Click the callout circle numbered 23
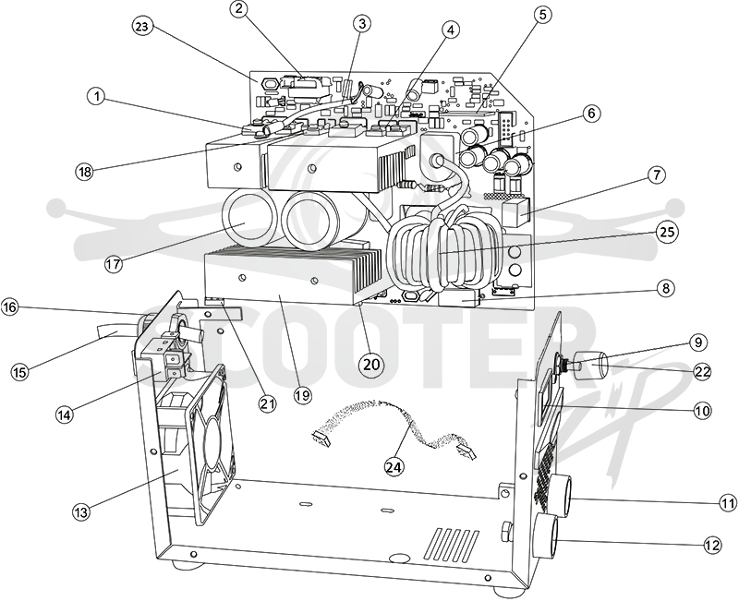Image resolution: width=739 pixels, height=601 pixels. point(142,27)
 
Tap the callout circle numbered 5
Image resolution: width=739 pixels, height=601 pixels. point(542,14)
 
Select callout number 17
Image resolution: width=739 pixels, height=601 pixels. point(113,263)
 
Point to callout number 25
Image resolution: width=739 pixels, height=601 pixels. point(667,232)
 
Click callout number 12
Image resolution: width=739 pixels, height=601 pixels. point(712,545)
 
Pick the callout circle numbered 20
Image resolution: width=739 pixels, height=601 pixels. point(370,364)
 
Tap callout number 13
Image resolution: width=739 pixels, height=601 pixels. point(81,512)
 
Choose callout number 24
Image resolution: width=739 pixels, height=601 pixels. point(394,466)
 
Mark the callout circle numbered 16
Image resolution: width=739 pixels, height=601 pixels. point(10,307)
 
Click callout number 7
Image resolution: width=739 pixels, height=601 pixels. point(657,174)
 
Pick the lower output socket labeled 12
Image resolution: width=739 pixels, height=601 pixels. point(547,537)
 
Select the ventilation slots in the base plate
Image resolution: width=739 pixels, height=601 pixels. point(456,543)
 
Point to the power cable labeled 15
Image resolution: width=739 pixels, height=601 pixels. point(115,331)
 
